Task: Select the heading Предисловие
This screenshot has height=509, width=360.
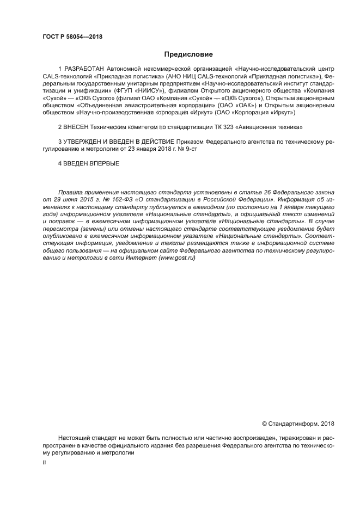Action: (188, 54)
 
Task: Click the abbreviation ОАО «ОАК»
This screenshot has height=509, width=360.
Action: (236, 105)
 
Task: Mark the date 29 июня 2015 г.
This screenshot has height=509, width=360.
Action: (74, 200)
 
